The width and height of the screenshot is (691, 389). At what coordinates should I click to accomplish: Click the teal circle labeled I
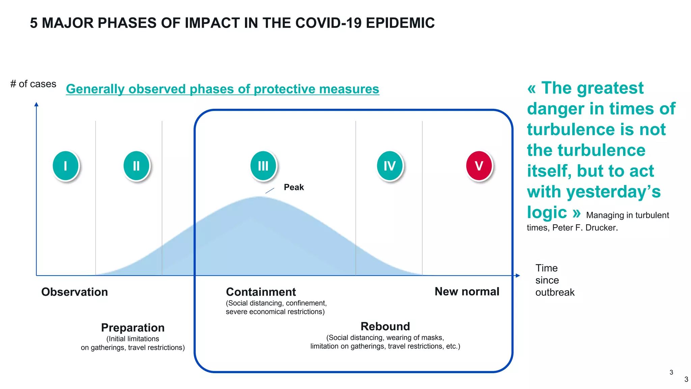click(66, 166)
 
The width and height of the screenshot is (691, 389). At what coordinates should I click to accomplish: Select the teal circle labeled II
click(136, 166)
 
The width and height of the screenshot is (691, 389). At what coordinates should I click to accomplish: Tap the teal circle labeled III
click(263, 166)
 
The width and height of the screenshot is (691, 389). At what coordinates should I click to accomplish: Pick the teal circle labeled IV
click(390, 166)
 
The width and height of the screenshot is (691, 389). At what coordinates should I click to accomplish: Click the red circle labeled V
click(479, 166)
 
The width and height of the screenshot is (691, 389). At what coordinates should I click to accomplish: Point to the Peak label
click(294, 187)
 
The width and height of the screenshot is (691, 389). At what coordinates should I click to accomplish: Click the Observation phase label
click(75, 292)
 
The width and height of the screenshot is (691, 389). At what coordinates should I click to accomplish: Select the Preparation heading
click(133, 328)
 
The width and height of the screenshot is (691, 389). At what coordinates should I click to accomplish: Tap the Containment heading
click(261, 292)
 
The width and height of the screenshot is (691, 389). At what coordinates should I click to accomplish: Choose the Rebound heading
click(385, 326)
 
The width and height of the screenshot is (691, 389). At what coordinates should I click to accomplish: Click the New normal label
click(467, 291)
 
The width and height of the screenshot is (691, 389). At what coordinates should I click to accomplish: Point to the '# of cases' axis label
click(33, 84)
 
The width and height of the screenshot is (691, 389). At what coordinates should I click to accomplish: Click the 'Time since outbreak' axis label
click(554, 280)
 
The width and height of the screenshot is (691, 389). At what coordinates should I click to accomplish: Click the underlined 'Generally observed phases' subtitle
click(222, 89)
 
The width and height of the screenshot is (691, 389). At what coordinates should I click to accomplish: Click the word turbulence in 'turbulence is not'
click(576, 130)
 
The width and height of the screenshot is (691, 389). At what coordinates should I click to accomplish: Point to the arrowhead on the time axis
click(518, 276)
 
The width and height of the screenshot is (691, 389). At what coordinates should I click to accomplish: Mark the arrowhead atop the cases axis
click(36, 104)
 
